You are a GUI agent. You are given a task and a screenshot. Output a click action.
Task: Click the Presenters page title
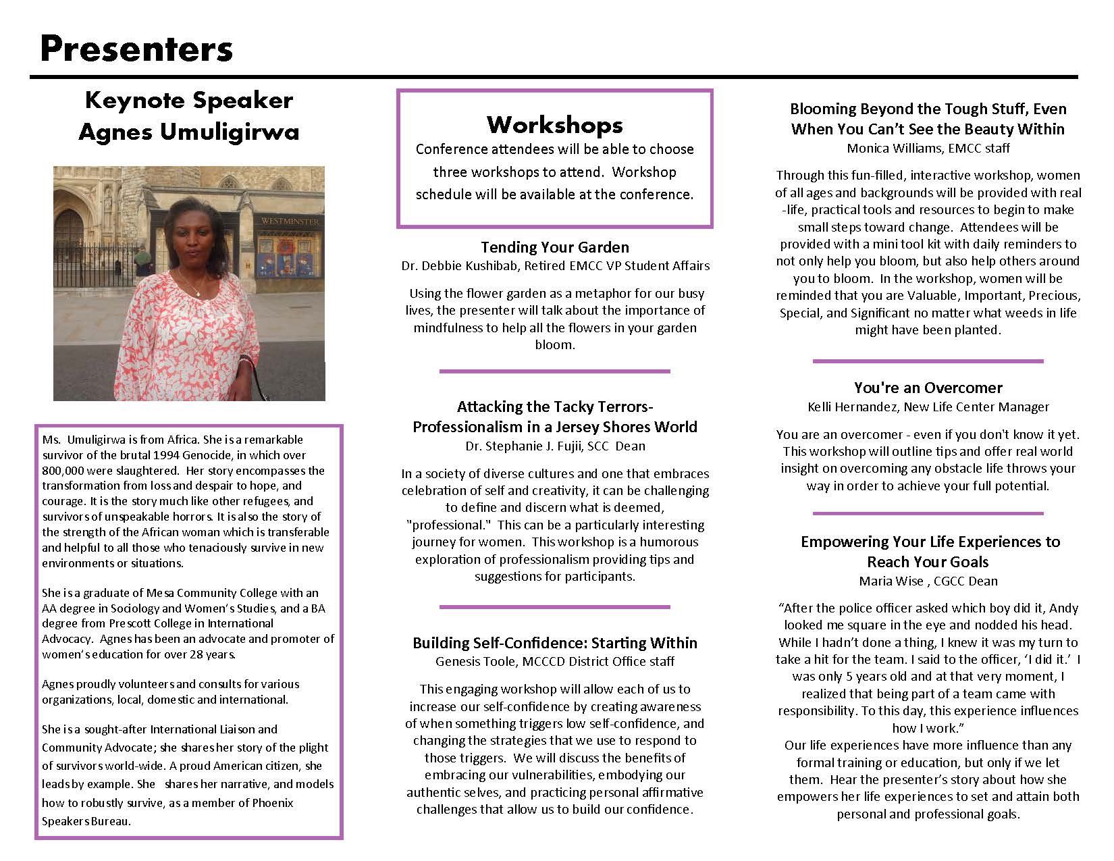[136, 49]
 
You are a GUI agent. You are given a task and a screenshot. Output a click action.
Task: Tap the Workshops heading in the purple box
[554, 125]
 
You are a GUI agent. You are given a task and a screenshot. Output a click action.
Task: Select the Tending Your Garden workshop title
[554, 247]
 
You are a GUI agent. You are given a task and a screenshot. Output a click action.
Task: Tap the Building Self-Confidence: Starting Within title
[554, 643]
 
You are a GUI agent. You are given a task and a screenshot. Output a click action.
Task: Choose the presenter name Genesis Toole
[477, 662]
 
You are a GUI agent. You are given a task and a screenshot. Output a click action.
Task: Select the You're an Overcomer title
[928, 388]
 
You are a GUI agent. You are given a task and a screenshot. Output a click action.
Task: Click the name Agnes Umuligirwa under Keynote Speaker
[188, 131]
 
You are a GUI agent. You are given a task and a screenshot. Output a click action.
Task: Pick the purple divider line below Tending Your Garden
[554, 371]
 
